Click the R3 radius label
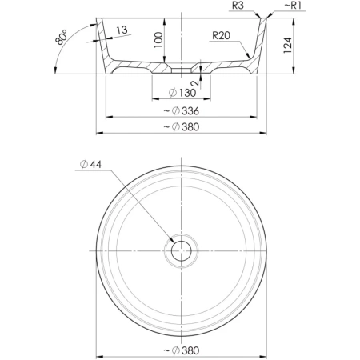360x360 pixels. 238,6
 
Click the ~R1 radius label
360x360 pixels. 294,6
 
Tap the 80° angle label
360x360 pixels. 61,37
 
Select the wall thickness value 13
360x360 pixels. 122,30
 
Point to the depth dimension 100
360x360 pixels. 158,40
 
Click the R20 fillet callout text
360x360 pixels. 221,35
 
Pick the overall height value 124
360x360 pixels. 287,46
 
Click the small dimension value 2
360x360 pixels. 196,82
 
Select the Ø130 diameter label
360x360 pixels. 182,93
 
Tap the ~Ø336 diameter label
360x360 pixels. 182,110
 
